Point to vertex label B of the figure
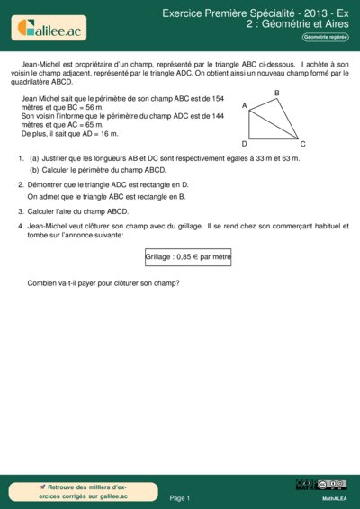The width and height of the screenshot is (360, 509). pyautogui.click(x=276, y=94)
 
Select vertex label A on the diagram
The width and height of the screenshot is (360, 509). pyautogui.click(x=245, y=106)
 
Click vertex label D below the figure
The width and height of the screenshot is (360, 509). pyautogui.click(x=245, y=144)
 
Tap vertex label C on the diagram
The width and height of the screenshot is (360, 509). pyautogui.click(x=302, y=144)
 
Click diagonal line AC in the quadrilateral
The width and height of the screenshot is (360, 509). pyautogui.click(x=274, y=123)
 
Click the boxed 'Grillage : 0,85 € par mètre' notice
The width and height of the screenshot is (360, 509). pyautogui.click(x=188, y=256)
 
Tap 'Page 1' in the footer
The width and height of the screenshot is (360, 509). pyautogui.click(x=180, y=497)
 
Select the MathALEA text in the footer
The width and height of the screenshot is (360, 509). pyautogui.click(x=335, y=497)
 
